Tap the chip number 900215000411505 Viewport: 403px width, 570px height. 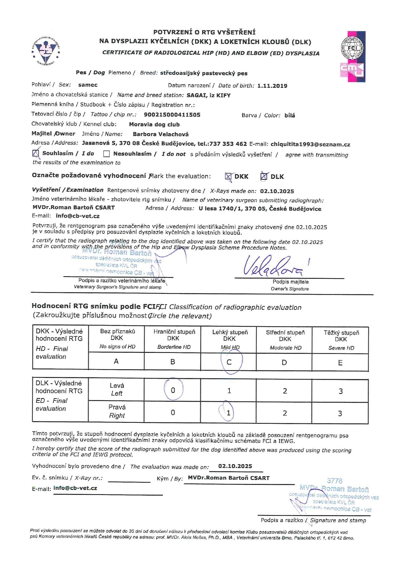[x=172, y=115]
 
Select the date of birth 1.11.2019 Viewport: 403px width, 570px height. [x=272, y=86]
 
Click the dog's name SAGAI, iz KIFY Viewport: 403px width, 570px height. [x=208, y=95]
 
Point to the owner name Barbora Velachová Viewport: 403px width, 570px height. [x=161, y=134]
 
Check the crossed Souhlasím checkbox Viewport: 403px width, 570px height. [x=36, y=153]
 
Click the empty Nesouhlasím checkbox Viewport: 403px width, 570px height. [x=106, y=154]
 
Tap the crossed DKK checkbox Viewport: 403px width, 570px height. [x=228, y=176]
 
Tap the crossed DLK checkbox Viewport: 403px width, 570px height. [x=264, y=176]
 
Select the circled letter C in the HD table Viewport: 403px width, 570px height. [x=229, y=362]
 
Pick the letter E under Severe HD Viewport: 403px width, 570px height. [x=340, y=363]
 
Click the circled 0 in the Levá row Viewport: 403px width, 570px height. [x=173, y=390]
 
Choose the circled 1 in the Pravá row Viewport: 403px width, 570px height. [x=228, y=413]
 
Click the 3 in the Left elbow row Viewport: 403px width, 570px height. [x=340, y=391]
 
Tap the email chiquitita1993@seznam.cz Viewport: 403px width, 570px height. [x=310, y=144]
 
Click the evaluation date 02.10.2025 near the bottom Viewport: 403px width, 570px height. [x=235, y=466]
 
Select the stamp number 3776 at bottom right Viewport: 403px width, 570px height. [x=334, y=480]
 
